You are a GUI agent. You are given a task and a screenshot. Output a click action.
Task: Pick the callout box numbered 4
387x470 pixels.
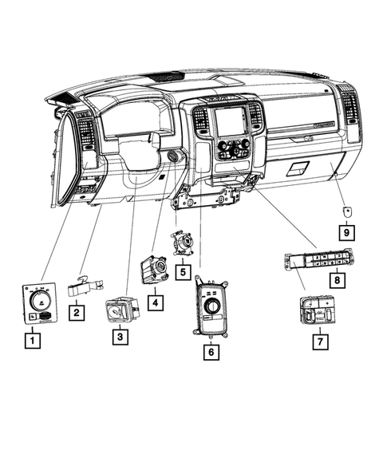click(155, 302)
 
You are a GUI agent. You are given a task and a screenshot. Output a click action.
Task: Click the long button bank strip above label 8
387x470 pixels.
click(317, 259)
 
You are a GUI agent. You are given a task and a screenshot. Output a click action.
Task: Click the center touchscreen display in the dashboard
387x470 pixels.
click(230, 120)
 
